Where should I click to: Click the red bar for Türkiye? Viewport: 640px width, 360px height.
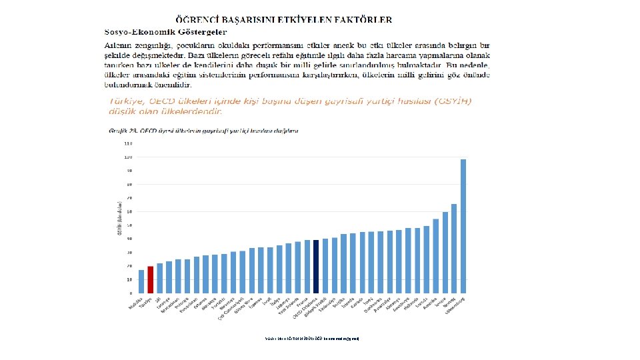[x=151, y=279]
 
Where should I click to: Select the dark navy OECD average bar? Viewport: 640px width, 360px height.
[x=316, y=266]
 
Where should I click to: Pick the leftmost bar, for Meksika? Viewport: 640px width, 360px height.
[x=141, y=281]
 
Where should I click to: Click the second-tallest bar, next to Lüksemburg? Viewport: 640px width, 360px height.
[x=454, y=248]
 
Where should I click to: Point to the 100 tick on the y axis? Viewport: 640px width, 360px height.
[x=127, y=157]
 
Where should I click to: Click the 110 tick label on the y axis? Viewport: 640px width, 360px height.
[x=127, y=143]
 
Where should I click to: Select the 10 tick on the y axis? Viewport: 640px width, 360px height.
[x=127, y=280]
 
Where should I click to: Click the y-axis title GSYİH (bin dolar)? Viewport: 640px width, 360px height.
[x=119, y=217]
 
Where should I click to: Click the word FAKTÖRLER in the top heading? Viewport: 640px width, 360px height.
[x=356, y=21]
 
